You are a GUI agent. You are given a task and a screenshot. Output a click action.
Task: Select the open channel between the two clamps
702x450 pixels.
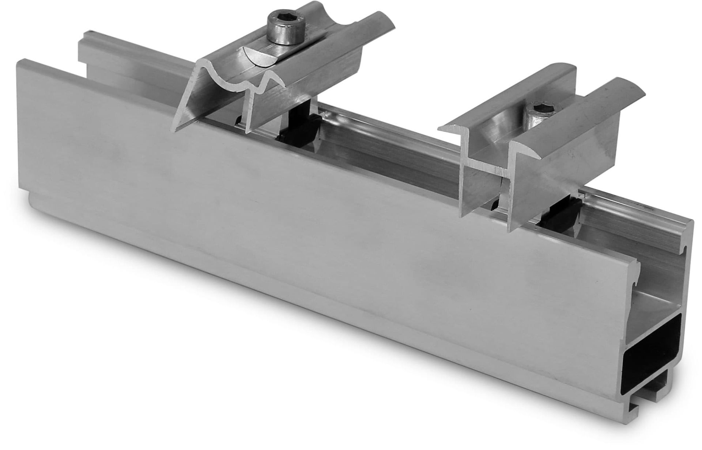tap(384, 153)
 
